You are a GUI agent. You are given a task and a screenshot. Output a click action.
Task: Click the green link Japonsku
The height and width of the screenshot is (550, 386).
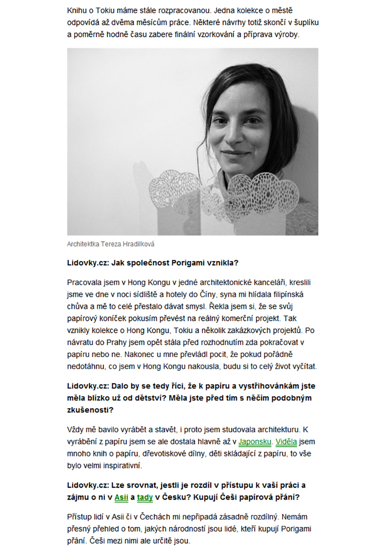pyautogui.click(x=256, y=442)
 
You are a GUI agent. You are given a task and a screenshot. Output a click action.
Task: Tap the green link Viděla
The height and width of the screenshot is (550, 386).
pyautogui.click(x=286, y=442)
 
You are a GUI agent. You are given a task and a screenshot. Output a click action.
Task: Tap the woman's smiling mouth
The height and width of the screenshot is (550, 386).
pyautogui.click(x=235, y=154)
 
